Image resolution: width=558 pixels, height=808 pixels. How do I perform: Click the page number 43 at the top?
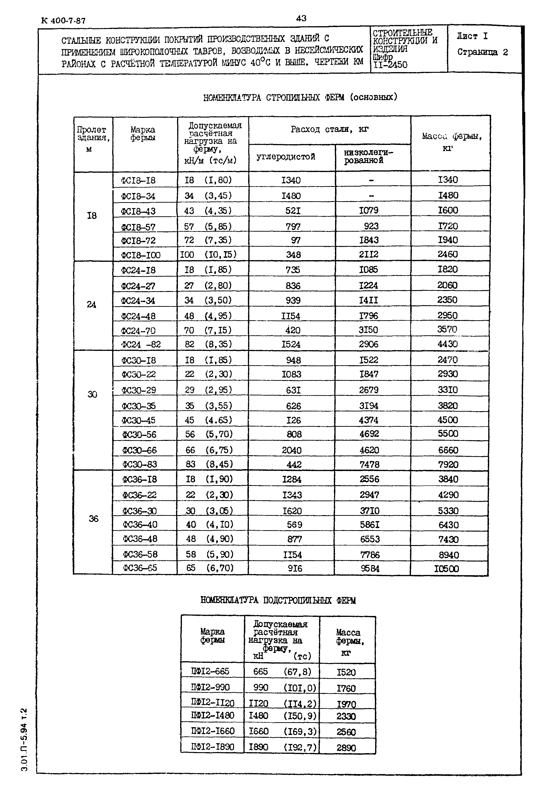tap(301, 18)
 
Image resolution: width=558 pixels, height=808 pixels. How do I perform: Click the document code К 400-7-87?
tap(63, 21)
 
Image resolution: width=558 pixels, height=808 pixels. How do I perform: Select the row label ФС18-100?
tap(140, 255)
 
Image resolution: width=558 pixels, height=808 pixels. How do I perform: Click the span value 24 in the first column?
tap(92, 304)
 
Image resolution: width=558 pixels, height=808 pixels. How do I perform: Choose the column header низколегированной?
tap(368, 156)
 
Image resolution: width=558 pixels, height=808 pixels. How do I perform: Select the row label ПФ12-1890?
tap(212, 747)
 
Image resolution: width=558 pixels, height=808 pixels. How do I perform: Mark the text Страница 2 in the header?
tap(483, 53)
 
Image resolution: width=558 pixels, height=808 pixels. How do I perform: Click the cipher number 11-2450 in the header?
tap(390, 65)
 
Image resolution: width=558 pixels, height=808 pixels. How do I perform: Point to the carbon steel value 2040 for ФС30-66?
tap(291, 450)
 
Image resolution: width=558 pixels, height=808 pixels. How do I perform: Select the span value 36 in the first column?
tap(93, 518)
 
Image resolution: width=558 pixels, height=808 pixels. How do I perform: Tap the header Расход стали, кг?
tap(329, 130)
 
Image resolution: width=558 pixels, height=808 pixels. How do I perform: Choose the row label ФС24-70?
tap(139, 330)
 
